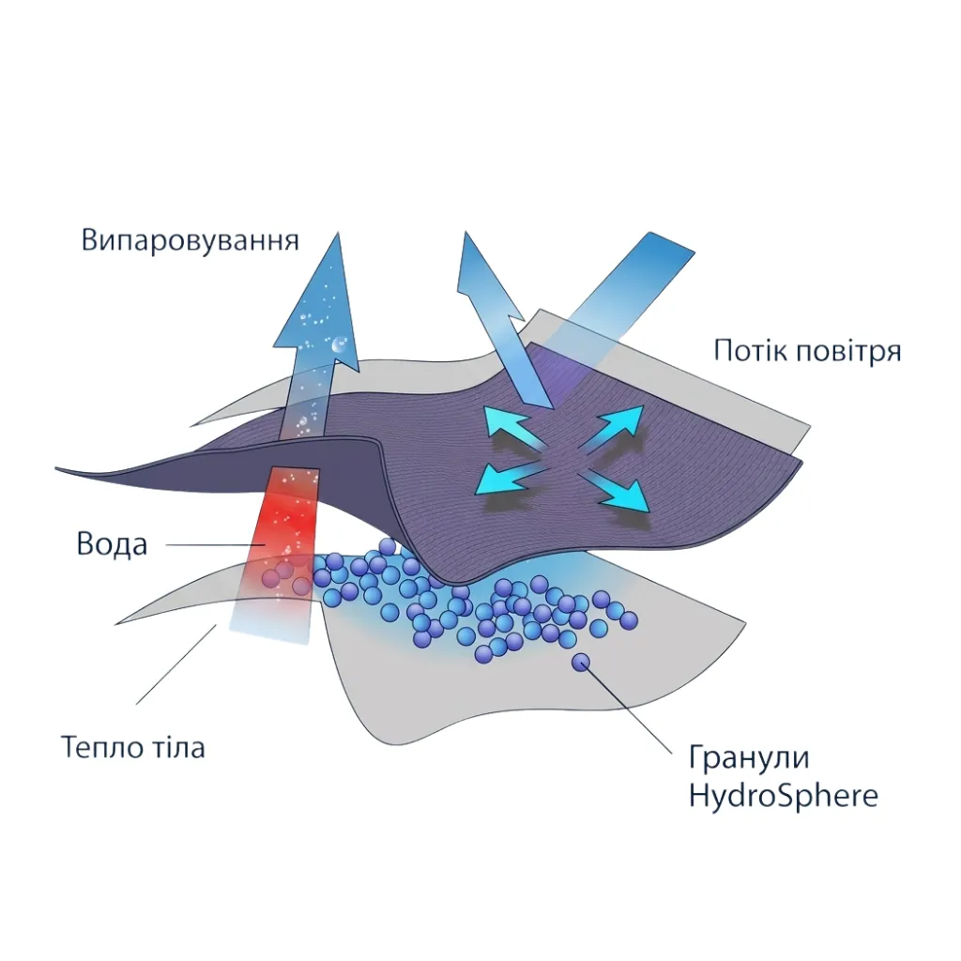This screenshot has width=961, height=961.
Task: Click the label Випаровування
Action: (190, 241)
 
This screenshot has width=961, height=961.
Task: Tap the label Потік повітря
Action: (807, 352)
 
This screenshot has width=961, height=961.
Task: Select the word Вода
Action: (113, 544)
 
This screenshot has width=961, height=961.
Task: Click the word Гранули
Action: (748, 757)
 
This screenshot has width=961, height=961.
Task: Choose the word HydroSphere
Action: (784, 796)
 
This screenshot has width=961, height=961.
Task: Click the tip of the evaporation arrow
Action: (337, 233)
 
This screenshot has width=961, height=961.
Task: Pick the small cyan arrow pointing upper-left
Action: (513, 427)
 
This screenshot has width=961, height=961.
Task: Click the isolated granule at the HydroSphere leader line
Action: (581, 662)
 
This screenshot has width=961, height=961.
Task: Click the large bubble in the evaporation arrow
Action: (339, 345)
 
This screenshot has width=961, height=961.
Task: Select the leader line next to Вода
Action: (216, 545)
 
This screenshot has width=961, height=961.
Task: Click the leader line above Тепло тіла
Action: (176, 664)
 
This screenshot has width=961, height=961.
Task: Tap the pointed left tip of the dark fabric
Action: (57, 469)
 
